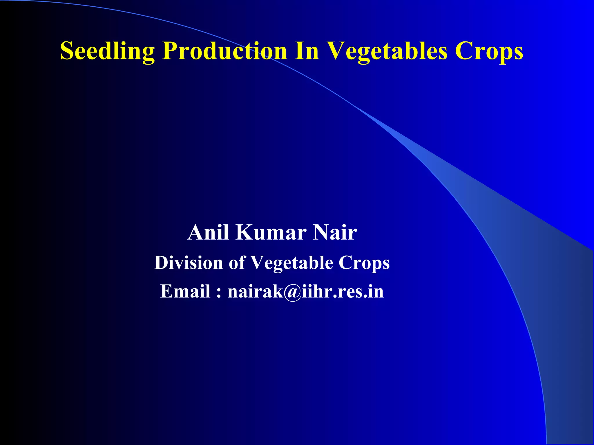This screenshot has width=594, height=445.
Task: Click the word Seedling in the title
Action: click(107, 51)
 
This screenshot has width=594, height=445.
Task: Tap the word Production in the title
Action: click(224, 51)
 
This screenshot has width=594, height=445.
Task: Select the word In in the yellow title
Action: click(307, 51)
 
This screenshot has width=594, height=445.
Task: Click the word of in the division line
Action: click(237, 263)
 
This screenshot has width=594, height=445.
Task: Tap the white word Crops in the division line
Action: click(364, 263)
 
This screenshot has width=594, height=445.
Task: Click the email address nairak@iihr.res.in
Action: click(305, 291)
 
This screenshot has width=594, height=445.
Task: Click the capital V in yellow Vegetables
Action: click(336, 51)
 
